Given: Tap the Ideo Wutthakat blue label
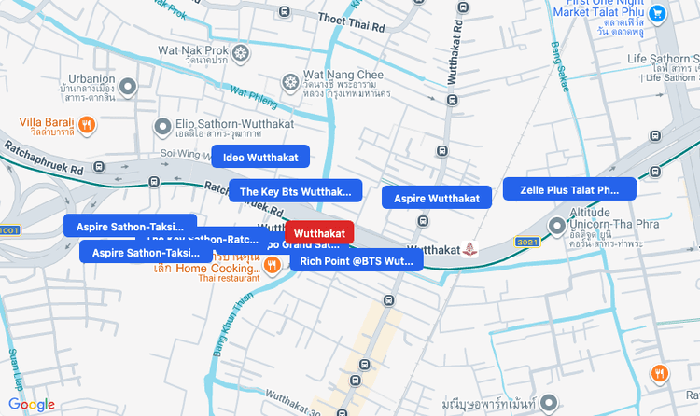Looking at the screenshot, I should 260,157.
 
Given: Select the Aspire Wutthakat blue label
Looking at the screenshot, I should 437,198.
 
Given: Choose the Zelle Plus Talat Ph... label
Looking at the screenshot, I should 569,189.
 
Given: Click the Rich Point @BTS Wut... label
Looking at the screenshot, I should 356,259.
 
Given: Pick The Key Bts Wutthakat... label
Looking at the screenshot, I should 295,191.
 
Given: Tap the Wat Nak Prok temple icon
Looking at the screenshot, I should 241,52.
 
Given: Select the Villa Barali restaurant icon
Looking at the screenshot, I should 86,123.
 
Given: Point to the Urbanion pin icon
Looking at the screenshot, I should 130,87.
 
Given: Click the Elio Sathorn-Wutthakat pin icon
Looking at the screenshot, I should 163,124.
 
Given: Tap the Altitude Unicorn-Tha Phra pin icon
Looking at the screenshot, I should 558,224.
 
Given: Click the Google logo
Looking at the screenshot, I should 32,404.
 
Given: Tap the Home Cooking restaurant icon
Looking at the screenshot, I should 272,266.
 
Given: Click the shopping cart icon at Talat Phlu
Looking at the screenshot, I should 658,14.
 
